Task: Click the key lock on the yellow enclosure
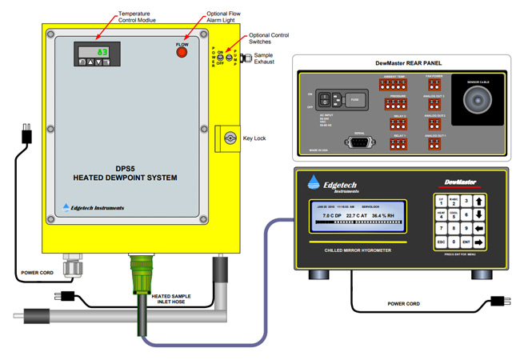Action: [x=230, y=138]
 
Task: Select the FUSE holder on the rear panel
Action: [x=354, y=100]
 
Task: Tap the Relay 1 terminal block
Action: [x=398, y=144]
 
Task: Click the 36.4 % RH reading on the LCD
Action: [x=388, y=215]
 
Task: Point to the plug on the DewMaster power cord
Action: [x=495, y=302]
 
